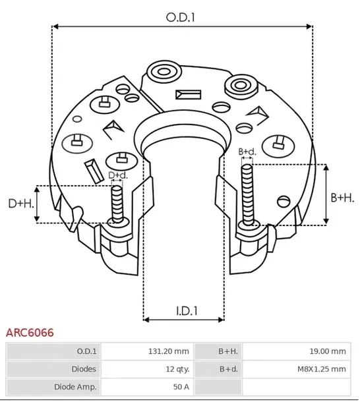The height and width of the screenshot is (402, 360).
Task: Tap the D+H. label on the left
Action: coord(20,204)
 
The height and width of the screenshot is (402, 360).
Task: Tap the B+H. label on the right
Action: coord(342,197)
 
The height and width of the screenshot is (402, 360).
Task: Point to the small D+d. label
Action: coord(117,175)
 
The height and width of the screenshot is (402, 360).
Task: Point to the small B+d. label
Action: coord(247,152)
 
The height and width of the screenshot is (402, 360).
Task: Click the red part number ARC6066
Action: coord(30,333)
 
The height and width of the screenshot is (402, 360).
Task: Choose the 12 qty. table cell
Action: coord(177,369)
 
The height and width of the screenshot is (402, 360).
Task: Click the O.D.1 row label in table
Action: coord(86,351)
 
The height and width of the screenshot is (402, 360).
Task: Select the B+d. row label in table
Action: coord(228,369)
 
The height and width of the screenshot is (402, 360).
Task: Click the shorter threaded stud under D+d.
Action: coord(117,204)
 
